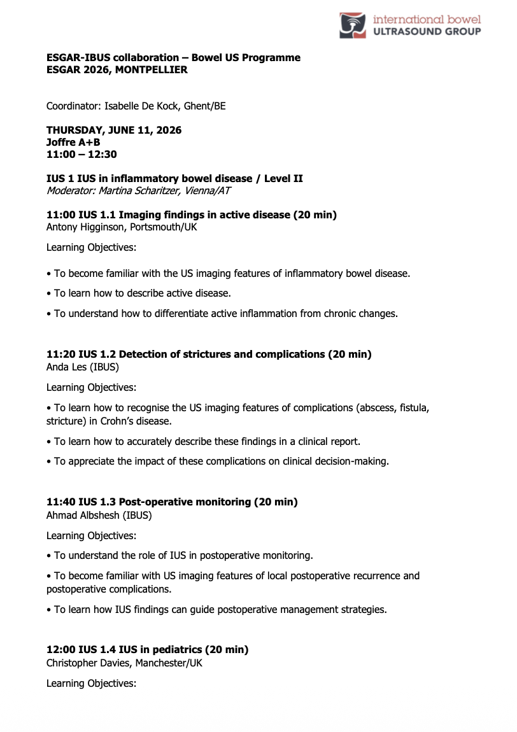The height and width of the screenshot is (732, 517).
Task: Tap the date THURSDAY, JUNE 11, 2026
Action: (114, 130)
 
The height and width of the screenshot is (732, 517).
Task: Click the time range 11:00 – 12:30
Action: (81, 154)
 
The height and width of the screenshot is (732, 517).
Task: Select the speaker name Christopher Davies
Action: (87, 662)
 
